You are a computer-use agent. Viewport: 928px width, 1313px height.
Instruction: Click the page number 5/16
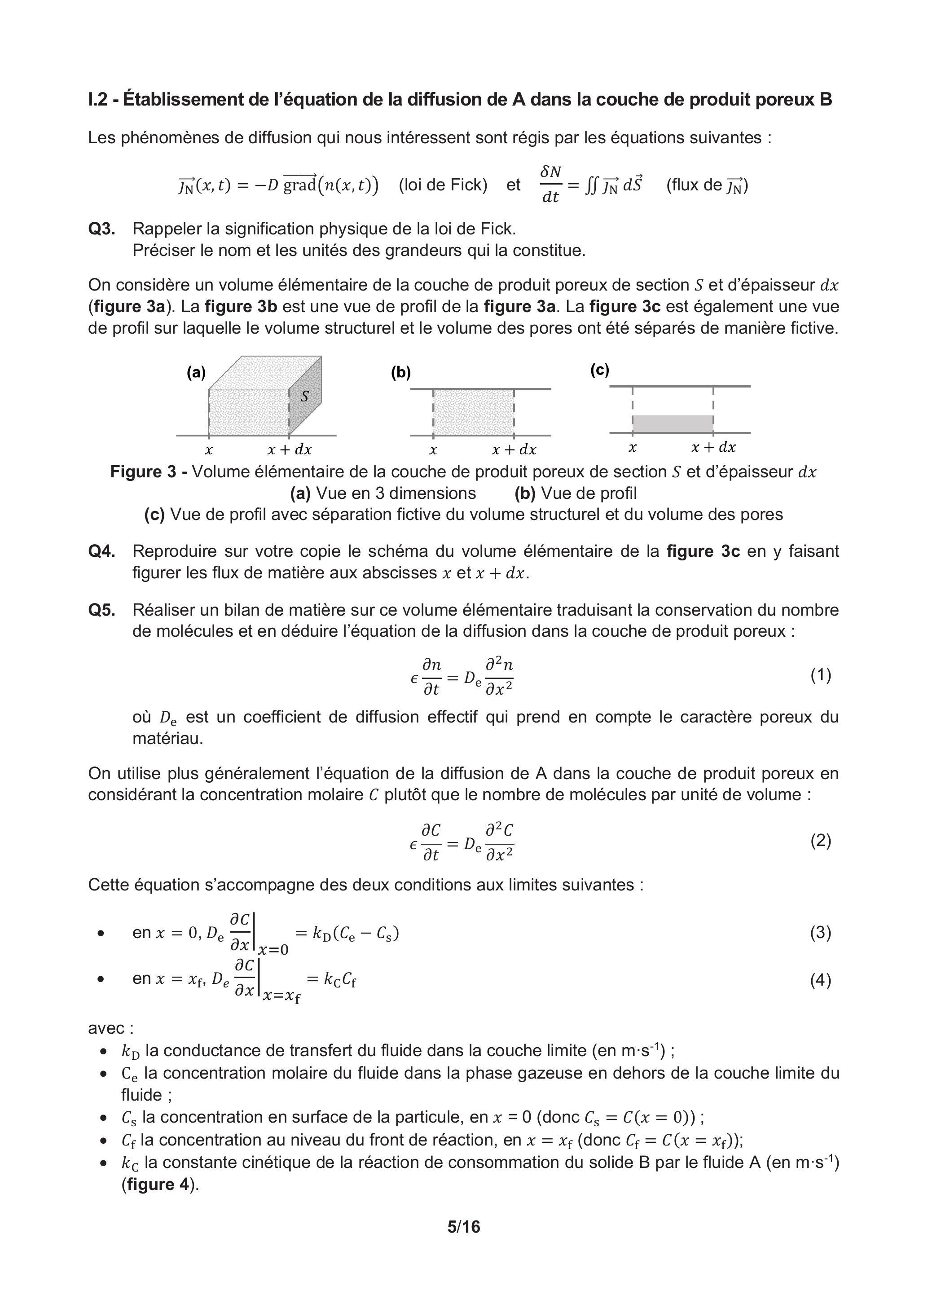coord(464,1227)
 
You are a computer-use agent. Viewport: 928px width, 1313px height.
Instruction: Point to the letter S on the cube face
coord(305,396)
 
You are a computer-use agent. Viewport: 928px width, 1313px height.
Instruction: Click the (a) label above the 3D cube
coord(196,372)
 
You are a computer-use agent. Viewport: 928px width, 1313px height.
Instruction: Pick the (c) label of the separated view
coord(600,370)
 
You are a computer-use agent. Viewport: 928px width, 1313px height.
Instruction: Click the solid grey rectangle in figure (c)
coord(673,424)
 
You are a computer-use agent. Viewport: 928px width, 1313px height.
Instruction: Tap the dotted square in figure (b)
coord(474,412)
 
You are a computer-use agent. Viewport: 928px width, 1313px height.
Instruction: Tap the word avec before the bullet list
coord(110,1028)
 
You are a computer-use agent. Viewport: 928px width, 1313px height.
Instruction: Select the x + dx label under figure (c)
coord(713,447)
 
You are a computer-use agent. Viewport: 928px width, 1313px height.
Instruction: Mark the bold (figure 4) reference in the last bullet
coord(160,1184)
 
